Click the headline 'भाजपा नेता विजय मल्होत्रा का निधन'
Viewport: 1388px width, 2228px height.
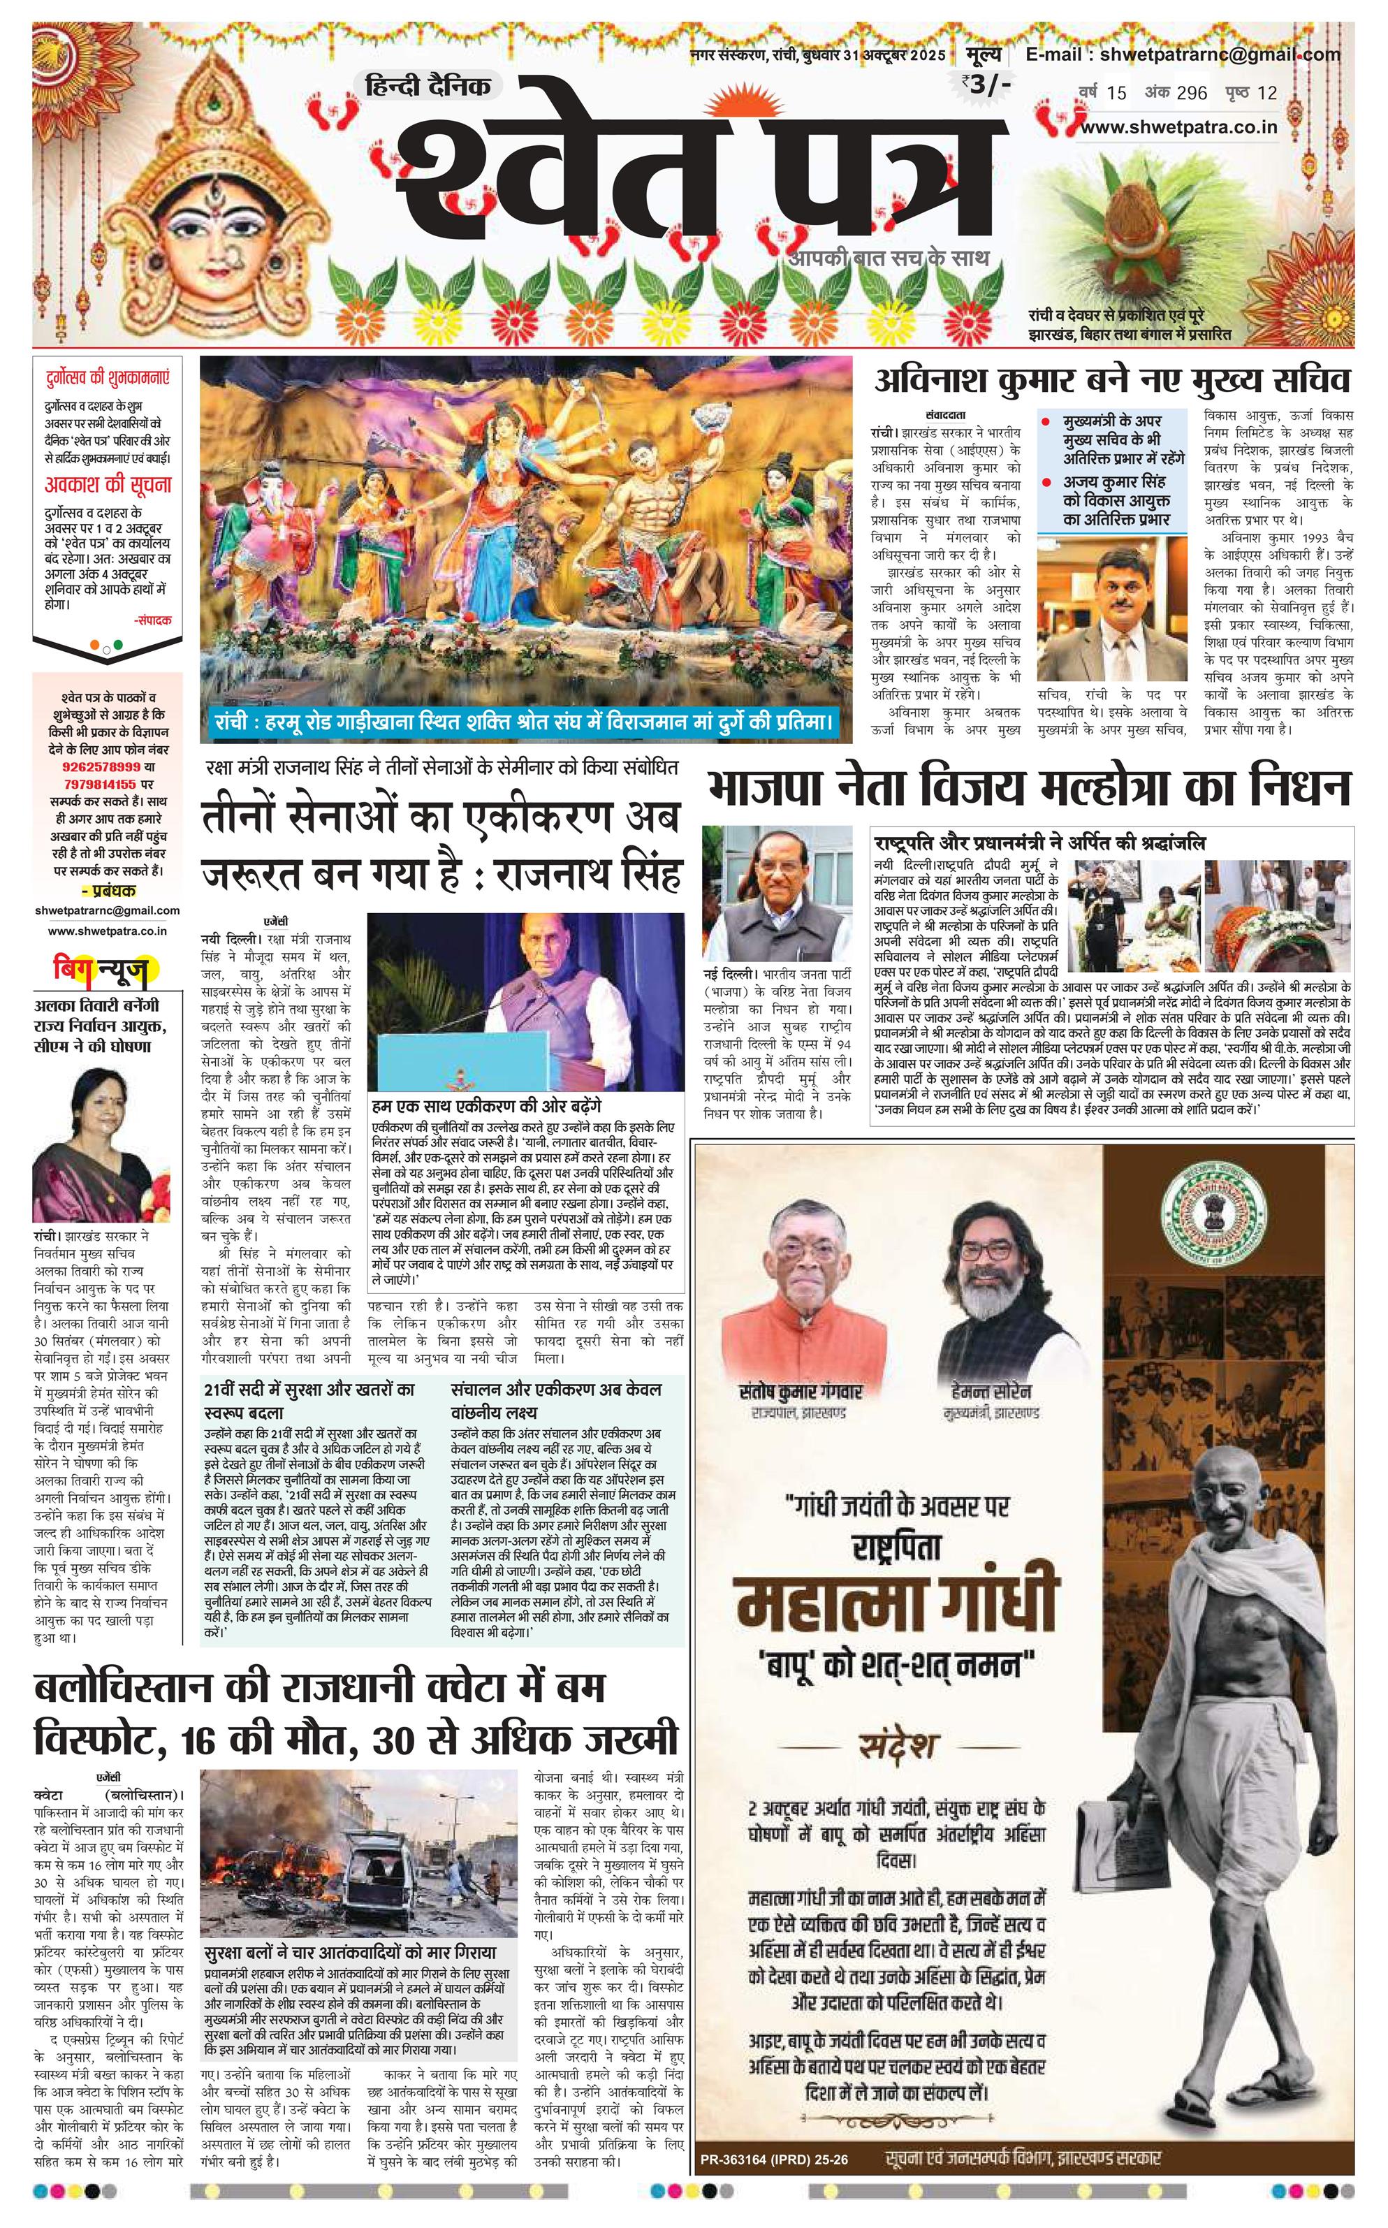1028,789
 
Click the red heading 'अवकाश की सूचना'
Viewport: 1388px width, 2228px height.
108,485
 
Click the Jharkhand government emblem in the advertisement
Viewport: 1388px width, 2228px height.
1213,1204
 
